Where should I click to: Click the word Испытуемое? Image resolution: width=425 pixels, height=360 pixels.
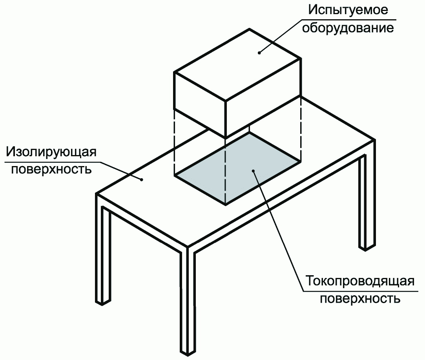click(x=348, y=11)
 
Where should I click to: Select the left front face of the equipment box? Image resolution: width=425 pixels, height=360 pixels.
click(x=199, y=104)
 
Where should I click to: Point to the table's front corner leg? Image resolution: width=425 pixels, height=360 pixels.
click(x=187, y=302)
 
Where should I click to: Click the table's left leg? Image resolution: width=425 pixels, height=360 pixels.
click(x=103, y=255)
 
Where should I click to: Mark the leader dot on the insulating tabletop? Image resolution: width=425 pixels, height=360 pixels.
click(x=142, y=179)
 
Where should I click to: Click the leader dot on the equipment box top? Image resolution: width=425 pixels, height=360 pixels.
click(x=259, y=53)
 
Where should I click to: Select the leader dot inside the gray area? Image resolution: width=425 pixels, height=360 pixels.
click(x=254, y=171)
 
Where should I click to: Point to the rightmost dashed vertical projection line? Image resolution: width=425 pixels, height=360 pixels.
click(x=301, y=130)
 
